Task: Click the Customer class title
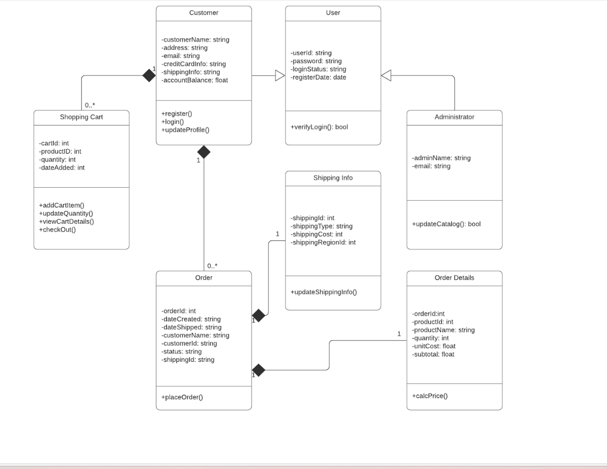click(x=204, y=13)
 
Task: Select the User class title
click(x=332, y=13)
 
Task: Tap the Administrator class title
click(x=454, y=117)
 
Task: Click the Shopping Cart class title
click(x=81, y=117)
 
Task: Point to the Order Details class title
click(x=454, y=278)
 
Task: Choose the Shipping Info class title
click(x=332, y=178)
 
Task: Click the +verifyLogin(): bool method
click(x=319, y=127)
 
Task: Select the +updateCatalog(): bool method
click(x=446, y=224)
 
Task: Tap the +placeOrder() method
click(x=182, y=397)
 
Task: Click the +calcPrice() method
click(x=430, y=396)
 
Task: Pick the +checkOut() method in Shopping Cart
click(x=57, y=230)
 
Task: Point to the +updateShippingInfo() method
click(x=324, y=292)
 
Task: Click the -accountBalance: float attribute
click(x=195, y=80)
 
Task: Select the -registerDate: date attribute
click(x=318, y=77)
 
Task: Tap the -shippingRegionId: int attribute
click(x=323, y=243)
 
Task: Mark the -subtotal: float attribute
click(x=433, y=354)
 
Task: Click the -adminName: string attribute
click(x=441, y=158)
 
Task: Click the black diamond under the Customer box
click(x=204, y=152)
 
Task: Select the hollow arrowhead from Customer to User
click(x=280, y=76)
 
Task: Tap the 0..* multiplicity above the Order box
click(x=212, y=266)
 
